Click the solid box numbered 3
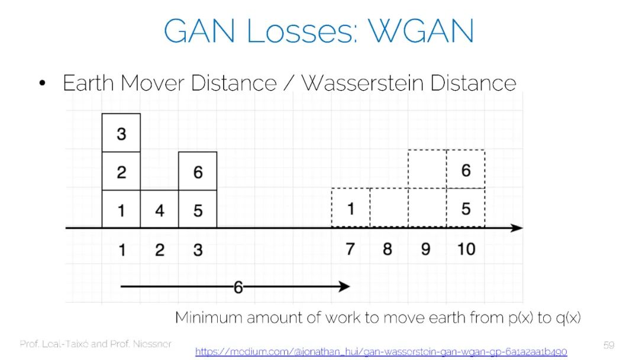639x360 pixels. click(x=121, y=133)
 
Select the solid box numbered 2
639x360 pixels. click(x=121, y=172)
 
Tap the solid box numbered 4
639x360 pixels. click(x=160, y=210)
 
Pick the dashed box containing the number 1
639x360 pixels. click(x=351, y=208)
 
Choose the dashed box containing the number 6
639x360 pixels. click(x=466, y=170)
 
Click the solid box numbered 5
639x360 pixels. click(x=198, y=210)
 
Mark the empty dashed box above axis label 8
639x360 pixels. click(x=389, y=208)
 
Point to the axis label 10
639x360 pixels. click(x=466, y=249)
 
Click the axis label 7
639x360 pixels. click(x=350, y=249)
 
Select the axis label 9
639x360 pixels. click(x=426, y=249)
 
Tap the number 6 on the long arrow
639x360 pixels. click(x=238, y=288)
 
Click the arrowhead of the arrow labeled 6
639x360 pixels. click(x=345, y=287)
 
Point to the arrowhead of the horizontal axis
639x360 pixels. click(x=517, y=228)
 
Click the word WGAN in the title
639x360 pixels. click(x=421, y=31)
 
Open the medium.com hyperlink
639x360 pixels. click(x=380, y=352)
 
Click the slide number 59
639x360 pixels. click(x=609, y=345)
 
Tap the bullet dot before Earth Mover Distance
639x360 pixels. click(x=42, y=83)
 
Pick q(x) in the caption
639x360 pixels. click(x=567, y=318)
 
